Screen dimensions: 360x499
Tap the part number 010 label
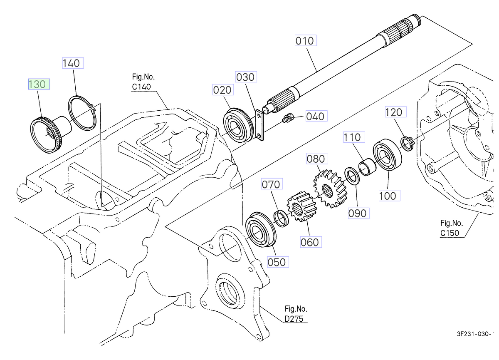tap(305, 41)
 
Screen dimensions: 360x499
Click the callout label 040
tap(315, 116)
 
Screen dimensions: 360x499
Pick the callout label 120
tap(393, 112)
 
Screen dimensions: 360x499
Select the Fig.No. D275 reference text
tap(296, 314)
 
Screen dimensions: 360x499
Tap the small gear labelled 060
tap(299, 209)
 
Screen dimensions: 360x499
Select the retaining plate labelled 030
tap(259, 125)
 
